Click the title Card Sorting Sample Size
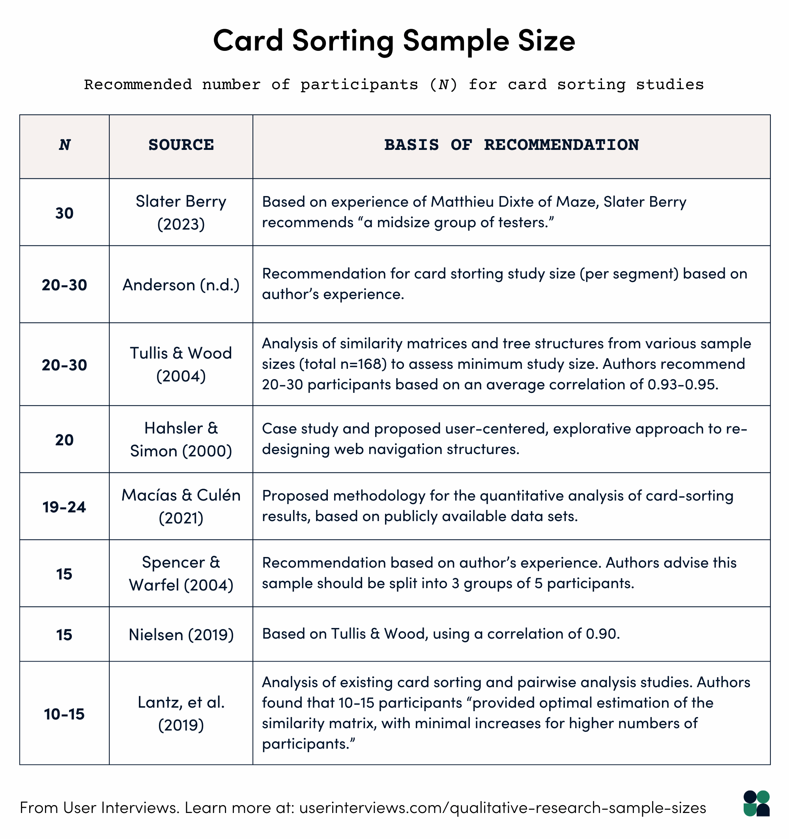coord(394,41)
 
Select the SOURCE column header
coord(181,145)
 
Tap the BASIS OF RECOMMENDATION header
coord(511,145)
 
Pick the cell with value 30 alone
coord(64,213)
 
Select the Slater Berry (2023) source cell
coord(181,212)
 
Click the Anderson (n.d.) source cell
coord(181,285)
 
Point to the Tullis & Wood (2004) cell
coord(181,364)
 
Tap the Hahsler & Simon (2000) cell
coord(181,440)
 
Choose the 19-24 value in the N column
coord(64,507)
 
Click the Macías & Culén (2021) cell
coord(181,506)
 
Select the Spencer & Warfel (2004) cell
coord(181,574)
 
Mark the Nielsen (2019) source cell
coord(181,635)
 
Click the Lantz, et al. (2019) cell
coord(181,714)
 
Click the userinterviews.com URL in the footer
coord(502,808)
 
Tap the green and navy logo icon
coord(756,803)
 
